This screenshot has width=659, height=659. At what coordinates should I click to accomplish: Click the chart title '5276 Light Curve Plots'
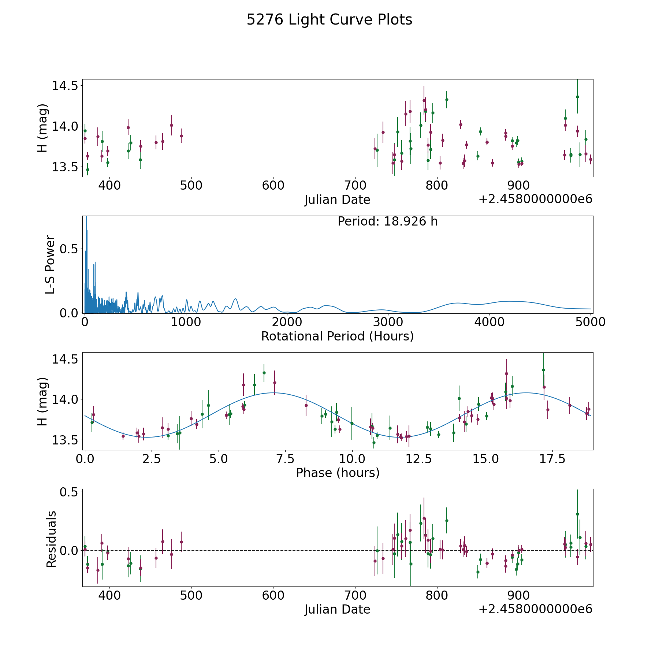click(x=329, y=20)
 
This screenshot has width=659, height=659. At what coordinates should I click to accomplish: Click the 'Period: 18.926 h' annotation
click(x=387, y=221)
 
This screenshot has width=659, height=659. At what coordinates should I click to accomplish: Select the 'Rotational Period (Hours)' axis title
click(x=337, y=336)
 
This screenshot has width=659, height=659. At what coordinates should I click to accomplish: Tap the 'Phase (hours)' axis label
click(x=338, y=473)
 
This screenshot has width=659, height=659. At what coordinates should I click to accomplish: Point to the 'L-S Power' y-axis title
click(x=50, y=264)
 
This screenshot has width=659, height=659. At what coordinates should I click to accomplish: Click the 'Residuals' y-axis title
click(x=51, y=539)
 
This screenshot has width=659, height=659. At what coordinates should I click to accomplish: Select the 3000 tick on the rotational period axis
click(x=388, y=322)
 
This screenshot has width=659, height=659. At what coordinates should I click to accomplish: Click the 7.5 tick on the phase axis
click(x=285, y=459)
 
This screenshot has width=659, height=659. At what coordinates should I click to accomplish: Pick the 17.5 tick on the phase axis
click(x=552, y=459)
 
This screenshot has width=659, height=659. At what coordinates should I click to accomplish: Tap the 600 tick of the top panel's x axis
click(x=273, y=186)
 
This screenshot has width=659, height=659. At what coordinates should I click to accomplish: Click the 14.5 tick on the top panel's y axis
click(x=64, y=86)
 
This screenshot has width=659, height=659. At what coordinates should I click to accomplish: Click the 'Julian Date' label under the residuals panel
click(x=337, y=610)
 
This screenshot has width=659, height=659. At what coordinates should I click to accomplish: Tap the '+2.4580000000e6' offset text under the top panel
click(x=535, y=200)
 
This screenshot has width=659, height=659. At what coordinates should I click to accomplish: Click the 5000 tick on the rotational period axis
click(x=591, y=322)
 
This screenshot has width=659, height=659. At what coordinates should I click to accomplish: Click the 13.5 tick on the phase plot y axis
click(x=64, y=440)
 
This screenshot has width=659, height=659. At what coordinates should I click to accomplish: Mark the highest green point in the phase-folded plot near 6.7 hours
click(x=264, y=373)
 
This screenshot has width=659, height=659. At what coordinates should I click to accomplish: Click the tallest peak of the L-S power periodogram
click(x=86, y=217)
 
